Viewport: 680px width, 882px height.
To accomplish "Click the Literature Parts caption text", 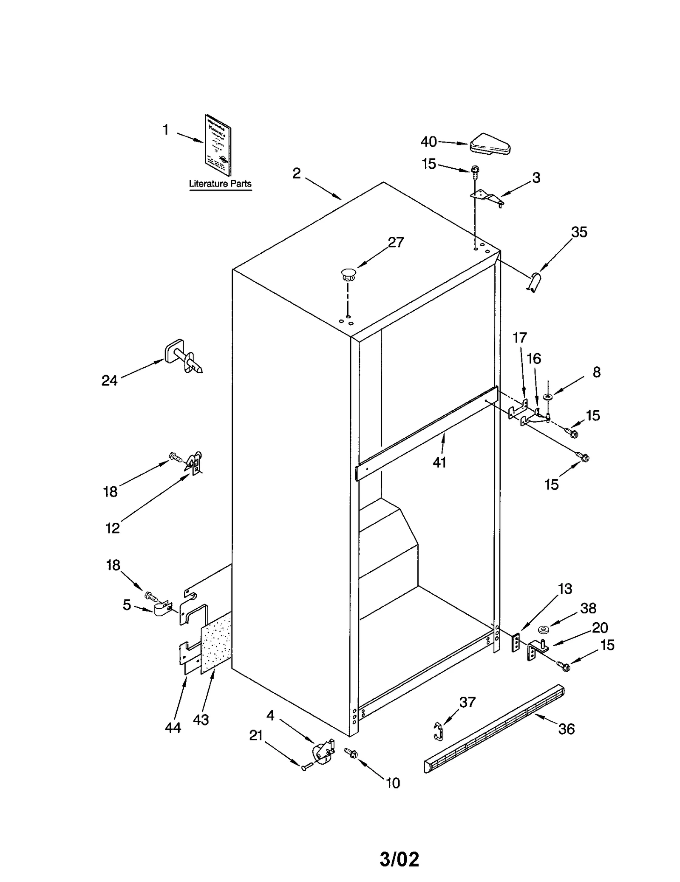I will click(x=220, y=184).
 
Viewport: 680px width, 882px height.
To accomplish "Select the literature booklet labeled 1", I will click(x=218, y=145).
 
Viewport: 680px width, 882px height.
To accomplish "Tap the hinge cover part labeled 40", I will click(x=490, y=144).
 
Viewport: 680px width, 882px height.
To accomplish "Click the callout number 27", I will click(x=396, y=242).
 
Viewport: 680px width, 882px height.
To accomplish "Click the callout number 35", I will click(x=579, y=232).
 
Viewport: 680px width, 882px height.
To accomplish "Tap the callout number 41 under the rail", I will click(x=439, y=462).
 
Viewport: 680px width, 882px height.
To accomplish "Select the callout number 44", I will click(x=173, y=728).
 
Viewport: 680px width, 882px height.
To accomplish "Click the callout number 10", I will click(x=393, y=783).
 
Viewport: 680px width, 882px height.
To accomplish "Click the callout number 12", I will click(x=113, y=528).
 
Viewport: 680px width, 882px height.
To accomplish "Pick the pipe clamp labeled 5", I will click(x=163, y=610).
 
